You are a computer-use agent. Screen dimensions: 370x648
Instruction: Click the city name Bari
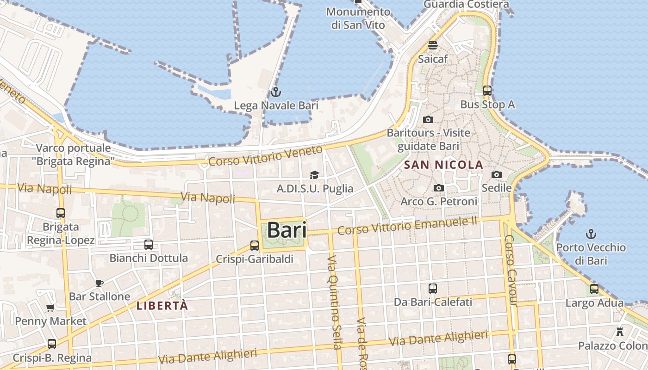(x=287, y=230)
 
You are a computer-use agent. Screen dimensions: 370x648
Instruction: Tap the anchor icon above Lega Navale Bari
(x=276, y=92)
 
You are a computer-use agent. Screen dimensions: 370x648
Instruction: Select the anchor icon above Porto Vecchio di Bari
(x=591, y=234)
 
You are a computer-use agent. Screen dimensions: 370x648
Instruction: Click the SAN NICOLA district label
(x=443, y=165)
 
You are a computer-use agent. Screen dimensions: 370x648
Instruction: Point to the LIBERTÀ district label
(x=162, y=306)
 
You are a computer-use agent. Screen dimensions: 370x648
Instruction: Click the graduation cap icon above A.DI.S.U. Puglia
(x=315, y=175)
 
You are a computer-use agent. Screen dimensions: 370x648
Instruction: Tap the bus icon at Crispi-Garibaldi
(x=255, y=245)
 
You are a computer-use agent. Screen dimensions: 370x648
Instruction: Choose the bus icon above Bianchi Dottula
(x=149, y=244)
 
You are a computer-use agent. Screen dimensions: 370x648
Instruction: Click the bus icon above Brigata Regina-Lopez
(x=61, y=213)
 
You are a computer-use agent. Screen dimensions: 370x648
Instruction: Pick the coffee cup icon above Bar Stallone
(x=99, y=283)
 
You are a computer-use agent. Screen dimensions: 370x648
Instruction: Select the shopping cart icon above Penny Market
(x=50, y=308)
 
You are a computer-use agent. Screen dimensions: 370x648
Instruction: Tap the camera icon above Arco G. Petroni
(x=439, y=188)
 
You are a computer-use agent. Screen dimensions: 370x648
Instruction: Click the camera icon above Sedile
(x=497, y=174)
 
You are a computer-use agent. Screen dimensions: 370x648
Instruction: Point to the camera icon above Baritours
(x=428, y=119)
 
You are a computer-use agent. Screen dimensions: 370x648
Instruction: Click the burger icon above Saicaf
(x=433, y=45)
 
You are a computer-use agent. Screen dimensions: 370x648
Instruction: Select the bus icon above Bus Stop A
(x=487, y=91)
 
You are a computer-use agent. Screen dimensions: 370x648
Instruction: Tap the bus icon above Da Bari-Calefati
(x=433, y=289)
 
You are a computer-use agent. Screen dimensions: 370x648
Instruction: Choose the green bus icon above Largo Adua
(x=594, y=290)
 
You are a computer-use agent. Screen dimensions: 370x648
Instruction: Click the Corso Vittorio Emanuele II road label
(x=407, y=225)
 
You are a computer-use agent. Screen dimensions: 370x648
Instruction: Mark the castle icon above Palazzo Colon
(x=620, y=332)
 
